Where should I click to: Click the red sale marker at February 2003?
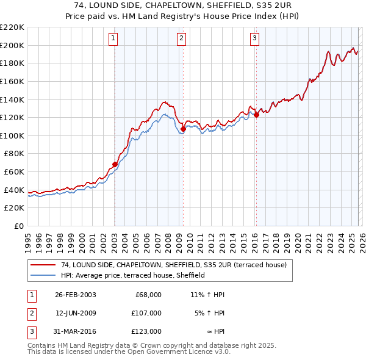click(115, 164)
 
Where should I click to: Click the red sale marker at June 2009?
click(183, 129)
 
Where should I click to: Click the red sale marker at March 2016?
click(256, 114)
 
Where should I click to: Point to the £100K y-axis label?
click(12, 135)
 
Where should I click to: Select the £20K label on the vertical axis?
click(14, 208)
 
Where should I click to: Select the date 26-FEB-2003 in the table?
click(75, 295)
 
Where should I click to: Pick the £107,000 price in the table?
click(147, 313)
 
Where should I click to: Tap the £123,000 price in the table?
click(147, 331)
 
